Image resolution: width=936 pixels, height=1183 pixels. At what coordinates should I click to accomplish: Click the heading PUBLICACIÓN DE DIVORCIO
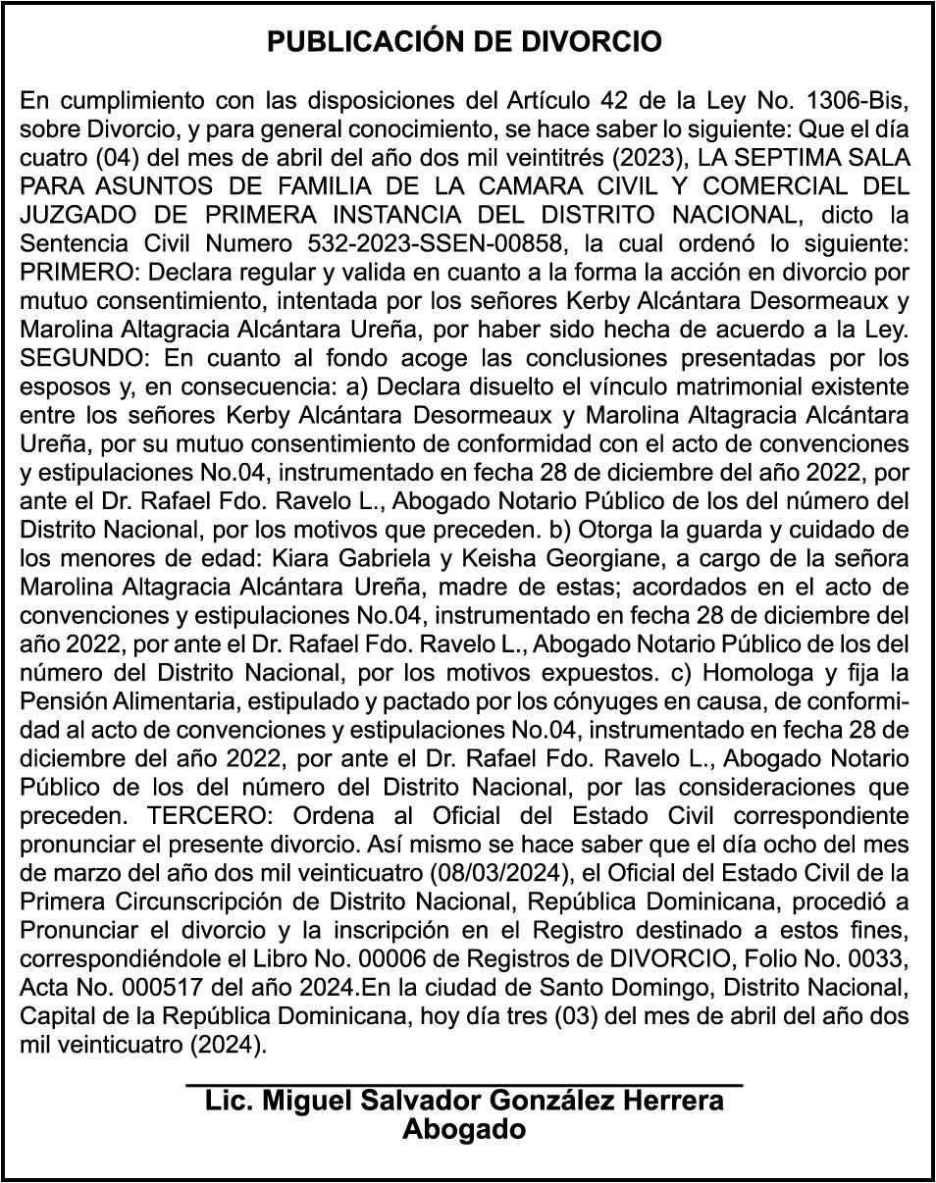click(465, 42)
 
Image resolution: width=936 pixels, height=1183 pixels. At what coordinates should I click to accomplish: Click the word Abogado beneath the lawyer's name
click(464, 1129)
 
